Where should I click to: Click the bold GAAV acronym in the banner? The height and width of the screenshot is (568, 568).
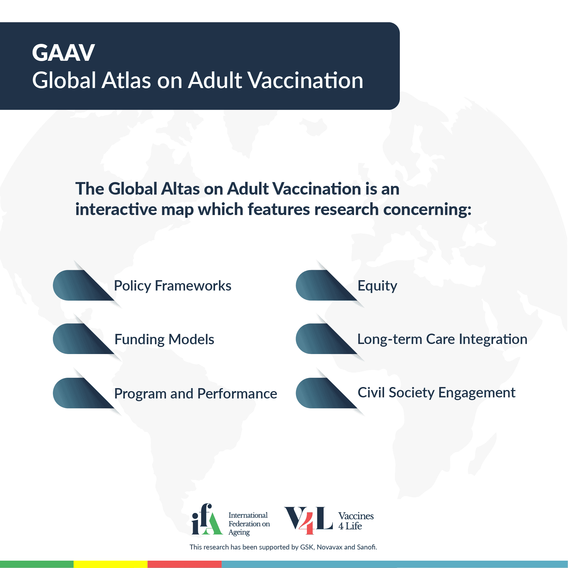[63, 53]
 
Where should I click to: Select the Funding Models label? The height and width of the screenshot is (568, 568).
[164, 339]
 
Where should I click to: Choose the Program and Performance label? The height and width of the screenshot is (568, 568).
[195, 394]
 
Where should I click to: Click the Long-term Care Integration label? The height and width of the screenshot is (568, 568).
[442, 339]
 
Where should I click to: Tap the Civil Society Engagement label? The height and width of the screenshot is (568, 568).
[436, 393]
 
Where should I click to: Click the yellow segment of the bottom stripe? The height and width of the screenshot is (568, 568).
[110, 564]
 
